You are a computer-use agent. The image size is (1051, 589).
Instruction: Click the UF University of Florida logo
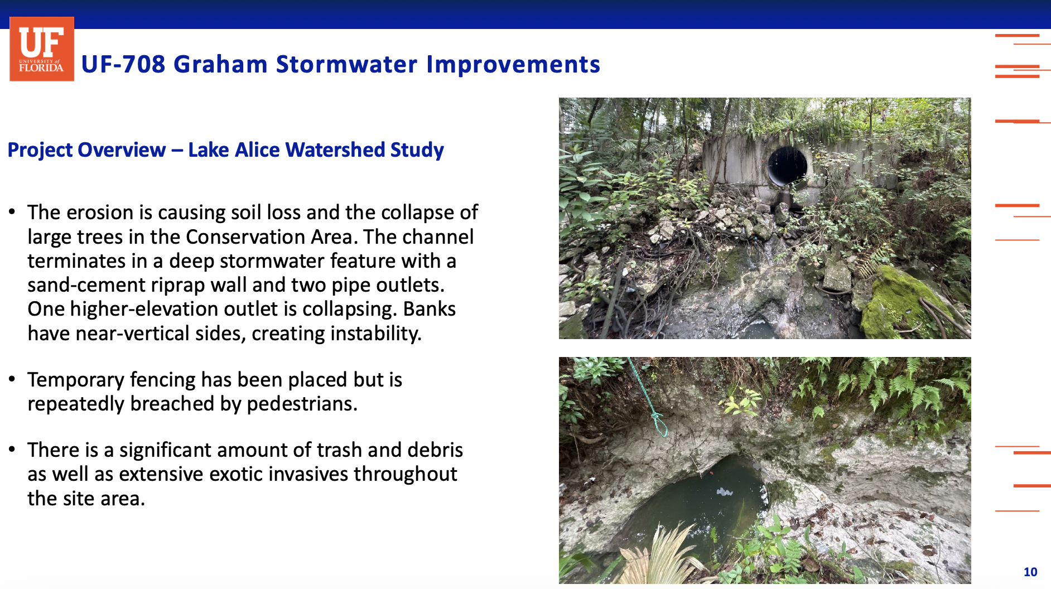click(x=42, y=49)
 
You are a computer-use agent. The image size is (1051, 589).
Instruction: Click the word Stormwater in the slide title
click(x=346, y=64)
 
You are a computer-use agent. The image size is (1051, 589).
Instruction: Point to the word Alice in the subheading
click(x=257, y=150)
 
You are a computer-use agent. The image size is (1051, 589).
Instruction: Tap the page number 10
click(x=1030, y=572)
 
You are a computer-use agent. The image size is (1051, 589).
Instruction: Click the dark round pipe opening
click(x=787, y=166)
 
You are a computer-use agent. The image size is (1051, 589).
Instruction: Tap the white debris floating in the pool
click(x=724, y=491)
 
